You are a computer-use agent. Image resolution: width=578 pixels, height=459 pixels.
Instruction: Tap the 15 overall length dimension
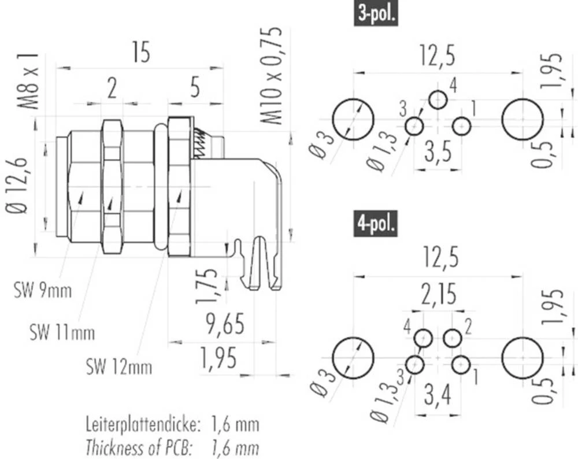[x=140, y=53]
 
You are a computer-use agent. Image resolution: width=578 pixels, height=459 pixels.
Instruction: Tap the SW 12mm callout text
[x=119, y=367]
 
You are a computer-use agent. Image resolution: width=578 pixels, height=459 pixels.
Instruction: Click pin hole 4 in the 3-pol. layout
[x=438, y=99]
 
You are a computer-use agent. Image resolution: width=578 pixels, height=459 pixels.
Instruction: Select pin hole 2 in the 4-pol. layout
[x=452, y=338]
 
